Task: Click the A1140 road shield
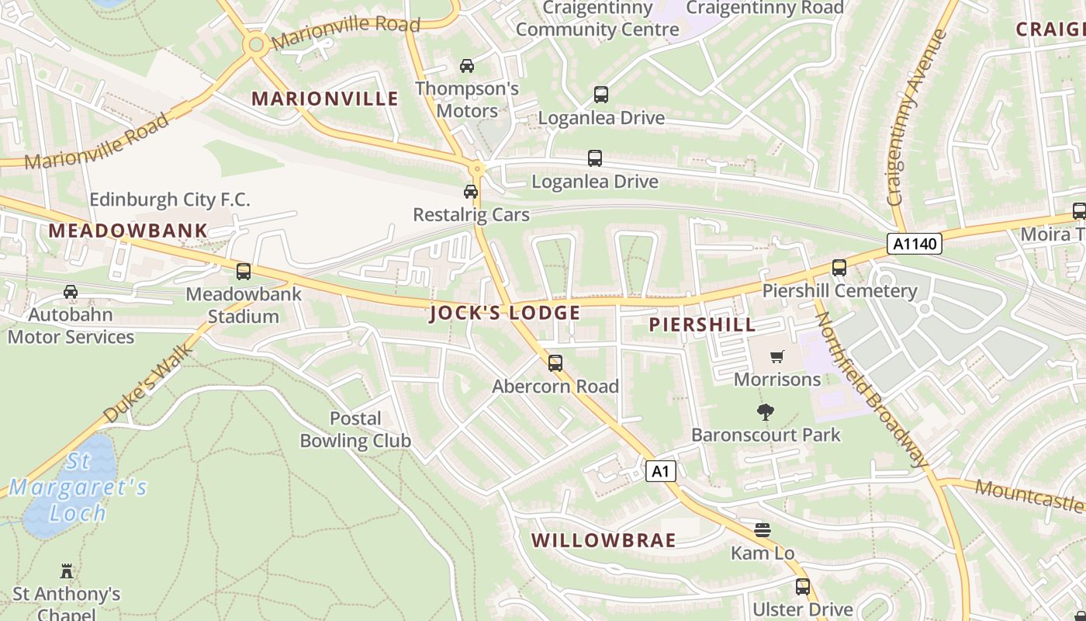tap(915, 244)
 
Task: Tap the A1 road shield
tap(660, 470)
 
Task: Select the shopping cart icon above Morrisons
tap(776, 356)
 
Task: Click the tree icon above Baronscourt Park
tap(766, 412)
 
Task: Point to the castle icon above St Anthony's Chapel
tap(67, 571)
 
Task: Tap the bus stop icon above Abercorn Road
tap(555, 363)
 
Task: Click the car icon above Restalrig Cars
tap(471, 192)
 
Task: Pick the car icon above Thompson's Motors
tap(467, 66)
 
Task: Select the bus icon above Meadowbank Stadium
tap(244, 272)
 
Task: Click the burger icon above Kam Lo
tap(763, 530)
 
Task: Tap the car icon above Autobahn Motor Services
tap(71, 292)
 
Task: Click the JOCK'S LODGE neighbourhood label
tap(505, 313)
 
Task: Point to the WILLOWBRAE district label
tap(604, 540)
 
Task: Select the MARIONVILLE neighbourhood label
tap(325, 99)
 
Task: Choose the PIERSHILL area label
tap(702, 324)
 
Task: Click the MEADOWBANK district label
tap(128, 231)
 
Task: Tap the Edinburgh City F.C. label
tap(170, 199)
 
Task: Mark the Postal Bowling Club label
tap(355, 429)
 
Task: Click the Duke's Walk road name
tap(148, 385)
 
